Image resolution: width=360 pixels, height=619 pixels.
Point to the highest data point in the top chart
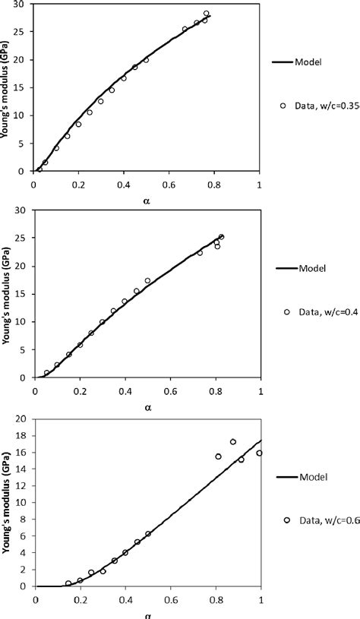(x=207, y=14)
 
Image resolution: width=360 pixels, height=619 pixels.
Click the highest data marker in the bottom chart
(x=233, y=442)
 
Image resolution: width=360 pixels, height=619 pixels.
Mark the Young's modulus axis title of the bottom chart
(x=8, y=507)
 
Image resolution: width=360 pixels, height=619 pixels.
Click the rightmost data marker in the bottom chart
(x=260, y=453)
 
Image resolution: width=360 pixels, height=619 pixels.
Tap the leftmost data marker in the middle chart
(x=46, y=373)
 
